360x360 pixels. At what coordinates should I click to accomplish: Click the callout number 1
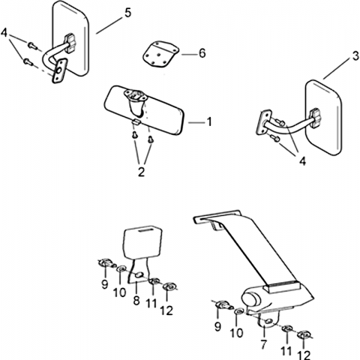point(209,121)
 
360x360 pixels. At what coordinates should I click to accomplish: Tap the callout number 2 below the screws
point(141,172)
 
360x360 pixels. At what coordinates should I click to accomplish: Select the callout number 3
point(355,56)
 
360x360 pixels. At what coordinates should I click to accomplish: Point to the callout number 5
point(127,13)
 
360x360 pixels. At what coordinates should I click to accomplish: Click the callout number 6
point(202,53)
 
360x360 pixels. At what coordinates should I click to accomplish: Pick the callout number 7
point(264,344)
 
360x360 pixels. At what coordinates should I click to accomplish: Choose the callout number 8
point(136,300)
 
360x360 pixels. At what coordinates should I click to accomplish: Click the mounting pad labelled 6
point(160,55)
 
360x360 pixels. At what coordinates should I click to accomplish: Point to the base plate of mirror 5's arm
point(59,70)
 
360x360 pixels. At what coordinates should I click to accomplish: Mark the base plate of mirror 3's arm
point(263,122)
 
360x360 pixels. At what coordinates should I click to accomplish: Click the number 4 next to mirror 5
point(4,33)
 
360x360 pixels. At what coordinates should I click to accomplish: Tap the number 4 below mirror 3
point(302,161)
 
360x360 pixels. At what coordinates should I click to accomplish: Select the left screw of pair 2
point(135,135)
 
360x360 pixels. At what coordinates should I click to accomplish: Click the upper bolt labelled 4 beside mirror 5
point(32,46)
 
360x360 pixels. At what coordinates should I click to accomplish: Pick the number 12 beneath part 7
point(304,355)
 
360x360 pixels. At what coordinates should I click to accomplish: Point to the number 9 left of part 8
point(105,284)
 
